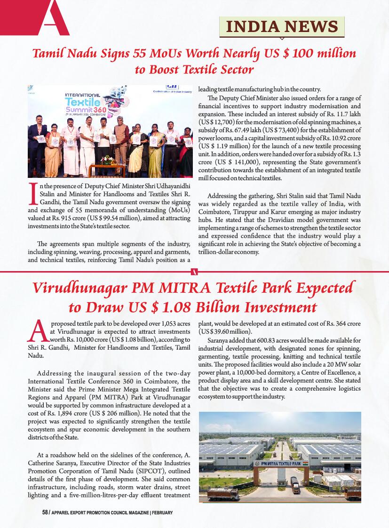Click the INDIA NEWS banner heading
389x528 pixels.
(x=282, y=26)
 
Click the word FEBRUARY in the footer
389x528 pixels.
(x=162, y=512)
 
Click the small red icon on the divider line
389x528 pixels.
(x=195, y=272)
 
